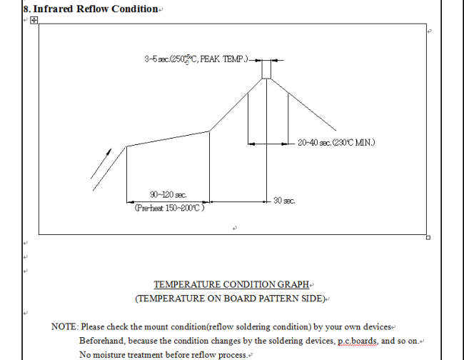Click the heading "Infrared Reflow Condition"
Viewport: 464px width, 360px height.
[x=95, y=9]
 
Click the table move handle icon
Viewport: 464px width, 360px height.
[x=34, y=20]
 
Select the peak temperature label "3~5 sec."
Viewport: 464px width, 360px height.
[x=157, y=59]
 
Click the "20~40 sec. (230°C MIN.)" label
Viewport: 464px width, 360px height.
[x=336, y=143]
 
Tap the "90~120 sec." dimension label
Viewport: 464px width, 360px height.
[x=168, y=195]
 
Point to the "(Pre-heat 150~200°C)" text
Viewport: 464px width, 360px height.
[x=169, y=208]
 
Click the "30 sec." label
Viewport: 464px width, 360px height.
[x=284, y=201]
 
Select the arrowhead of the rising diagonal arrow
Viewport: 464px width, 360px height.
[x=109, y=151]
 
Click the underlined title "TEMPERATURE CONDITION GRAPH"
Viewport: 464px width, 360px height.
[x=231, y=284]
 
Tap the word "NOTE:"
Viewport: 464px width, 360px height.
[x=65, y=326]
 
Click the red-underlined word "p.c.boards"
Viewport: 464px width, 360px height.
[x=358, y=341]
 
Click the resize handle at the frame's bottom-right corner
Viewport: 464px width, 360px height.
[x=428, y=237]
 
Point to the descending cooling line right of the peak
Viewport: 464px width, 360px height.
[x=303, y=104]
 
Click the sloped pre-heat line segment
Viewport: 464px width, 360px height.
[x=168, y=139]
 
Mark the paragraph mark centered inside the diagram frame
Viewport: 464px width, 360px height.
[x=235, y=228]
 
